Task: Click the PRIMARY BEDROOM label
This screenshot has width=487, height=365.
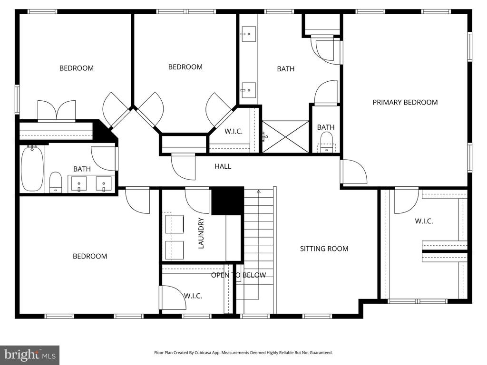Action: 405,102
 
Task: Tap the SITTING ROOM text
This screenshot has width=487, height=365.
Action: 324,249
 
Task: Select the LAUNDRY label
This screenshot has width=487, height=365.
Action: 201,233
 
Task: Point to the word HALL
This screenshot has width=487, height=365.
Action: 223,166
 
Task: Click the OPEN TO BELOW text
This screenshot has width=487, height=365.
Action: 238,275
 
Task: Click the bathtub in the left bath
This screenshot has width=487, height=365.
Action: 32,169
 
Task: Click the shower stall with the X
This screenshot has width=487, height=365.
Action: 285,136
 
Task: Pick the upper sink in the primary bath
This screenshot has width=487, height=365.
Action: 248,34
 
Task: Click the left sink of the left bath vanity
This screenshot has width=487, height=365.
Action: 79,183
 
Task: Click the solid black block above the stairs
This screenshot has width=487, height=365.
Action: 227,201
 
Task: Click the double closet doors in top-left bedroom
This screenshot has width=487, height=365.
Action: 57,111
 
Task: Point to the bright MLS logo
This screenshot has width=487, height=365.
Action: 29,355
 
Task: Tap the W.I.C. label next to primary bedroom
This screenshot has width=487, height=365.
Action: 423,221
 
